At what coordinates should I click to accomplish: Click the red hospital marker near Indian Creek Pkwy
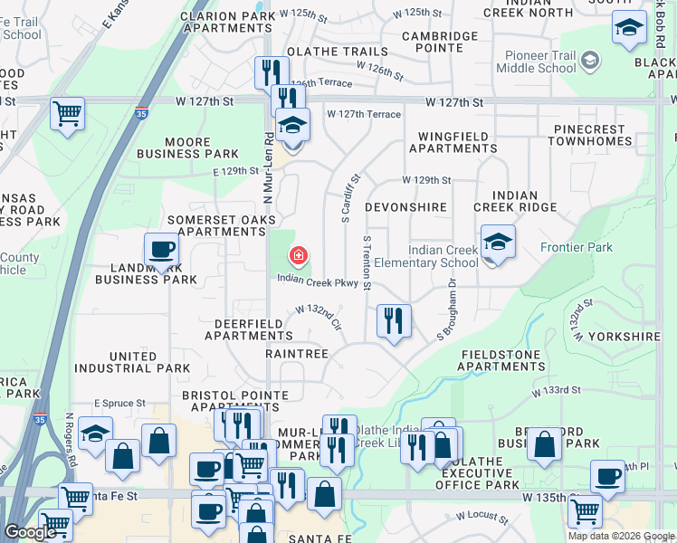pyautogui.click(x=298, y=256)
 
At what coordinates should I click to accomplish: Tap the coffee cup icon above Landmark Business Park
pyautogui.click(x=162, y=249)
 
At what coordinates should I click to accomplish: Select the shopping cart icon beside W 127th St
pyautogui.click(x=67, y=114)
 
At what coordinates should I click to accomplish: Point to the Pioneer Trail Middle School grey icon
pyautogui.click(x=590, y=61)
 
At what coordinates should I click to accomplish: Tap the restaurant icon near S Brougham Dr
pyautogui.click(x=394, y=319)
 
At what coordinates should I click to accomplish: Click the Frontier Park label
pyautogui.click(x=576, y=247)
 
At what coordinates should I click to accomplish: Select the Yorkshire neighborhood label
pyautogui.click(x=625, y=336)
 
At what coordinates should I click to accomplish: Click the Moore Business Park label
pyautogui.click(x=187, y=148)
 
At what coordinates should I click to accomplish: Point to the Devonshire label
pyautogui.click(x=405, y=207)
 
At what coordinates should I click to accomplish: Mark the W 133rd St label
pyautogui.click(x=556, y=391)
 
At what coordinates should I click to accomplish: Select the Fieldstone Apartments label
pyautogui.click(x=502, y=360)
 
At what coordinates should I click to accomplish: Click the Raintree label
pyautogui.click(x=297, y=354)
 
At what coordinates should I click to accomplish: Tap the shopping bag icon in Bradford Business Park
pyautogui.click(x=543, y=443)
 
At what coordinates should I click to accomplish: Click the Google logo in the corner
pyautogui.click(x=31, y=532)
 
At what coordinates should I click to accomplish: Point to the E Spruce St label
pyautogui.click(x=119, y=403)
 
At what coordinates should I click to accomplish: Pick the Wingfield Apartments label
pyautogui.click(x=453, y=142)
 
